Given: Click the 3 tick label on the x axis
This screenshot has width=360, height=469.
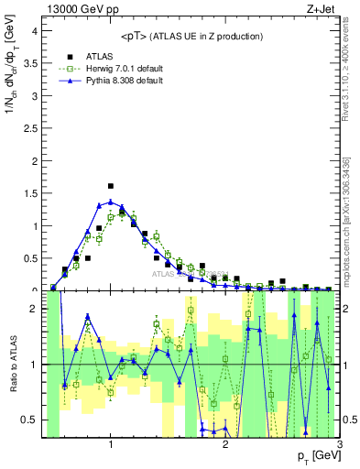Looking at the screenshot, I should click(340, 444).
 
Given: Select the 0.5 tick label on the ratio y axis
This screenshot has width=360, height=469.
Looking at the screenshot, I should click(29, 420).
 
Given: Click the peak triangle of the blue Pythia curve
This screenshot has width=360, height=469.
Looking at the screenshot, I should click(111, 202).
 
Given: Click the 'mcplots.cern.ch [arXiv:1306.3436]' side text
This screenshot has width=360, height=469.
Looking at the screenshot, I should click(349, 220).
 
